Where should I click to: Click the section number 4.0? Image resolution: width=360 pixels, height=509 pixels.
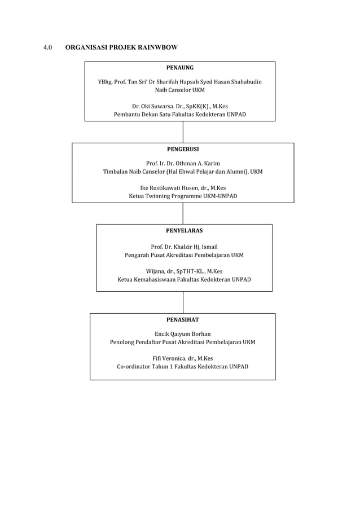[x=48, y=47]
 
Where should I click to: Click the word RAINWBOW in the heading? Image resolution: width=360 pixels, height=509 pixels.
[x=158, y=47]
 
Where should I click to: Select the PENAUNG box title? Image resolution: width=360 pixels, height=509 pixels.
[x=180, y=68]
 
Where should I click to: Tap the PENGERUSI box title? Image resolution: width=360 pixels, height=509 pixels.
[x=183, y=150]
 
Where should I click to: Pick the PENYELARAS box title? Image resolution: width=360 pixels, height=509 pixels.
[x=185, y=230]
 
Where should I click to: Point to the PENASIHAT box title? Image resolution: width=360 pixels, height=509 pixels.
[x=183, y=320]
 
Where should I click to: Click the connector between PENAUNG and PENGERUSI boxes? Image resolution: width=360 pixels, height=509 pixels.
[x=183, y=132]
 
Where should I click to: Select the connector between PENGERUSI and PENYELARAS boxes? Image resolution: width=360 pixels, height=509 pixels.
[x=183, y=214]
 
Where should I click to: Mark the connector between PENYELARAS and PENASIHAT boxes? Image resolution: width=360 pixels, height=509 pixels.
[x=183, y=302]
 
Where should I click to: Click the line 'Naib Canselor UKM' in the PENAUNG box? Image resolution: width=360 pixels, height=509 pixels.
[x=180, y=90]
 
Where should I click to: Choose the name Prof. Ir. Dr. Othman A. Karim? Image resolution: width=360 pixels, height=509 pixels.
[x=183, y=163]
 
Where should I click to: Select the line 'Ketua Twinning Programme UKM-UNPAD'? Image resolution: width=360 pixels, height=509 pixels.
[x=183, y=196]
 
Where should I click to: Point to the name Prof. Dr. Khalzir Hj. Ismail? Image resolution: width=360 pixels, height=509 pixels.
[x=184, y=247]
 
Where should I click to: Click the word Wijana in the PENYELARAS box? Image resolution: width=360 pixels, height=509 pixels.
[x=155, y=271]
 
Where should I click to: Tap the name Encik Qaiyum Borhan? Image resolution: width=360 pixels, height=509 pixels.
[x=183, y=334]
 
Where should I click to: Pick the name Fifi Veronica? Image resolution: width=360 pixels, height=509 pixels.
[x=169, y=358]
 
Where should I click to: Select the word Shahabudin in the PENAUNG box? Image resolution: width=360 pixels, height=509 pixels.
[x=246, y=82]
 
